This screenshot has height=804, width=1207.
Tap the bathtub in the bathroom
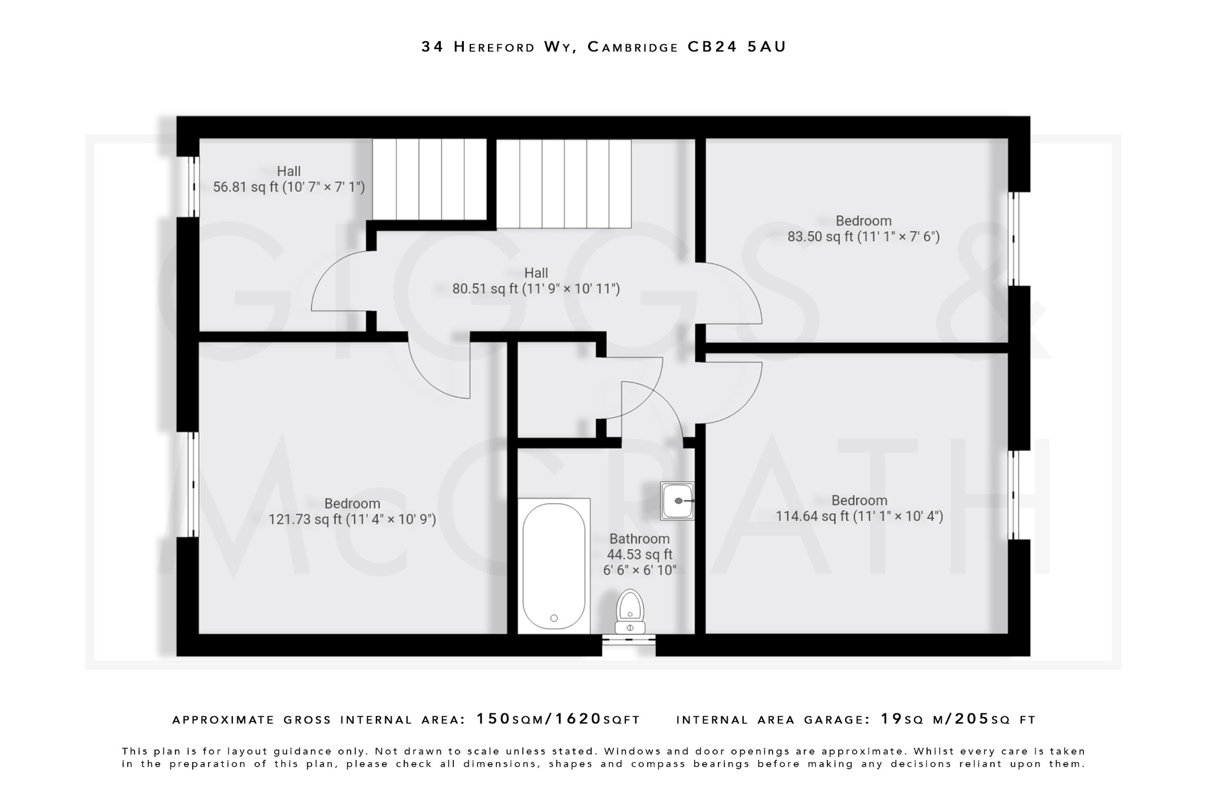(x=554, y=566)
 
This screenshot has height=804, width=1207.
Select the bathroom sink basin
(x=677, y=501)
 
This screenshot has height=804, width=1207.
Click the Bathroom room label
(x=639, y=539)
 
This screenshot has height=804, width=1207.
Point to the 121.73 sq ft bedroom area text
(x=352, y=520)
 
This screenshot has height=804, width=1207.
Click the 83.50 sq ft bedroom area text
(x=863, y=237)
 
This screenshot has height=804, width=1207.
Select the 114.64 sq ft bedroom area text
(x=859, y=517)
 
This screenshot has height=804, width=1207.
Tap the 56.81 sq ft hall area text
(x=289, y=187)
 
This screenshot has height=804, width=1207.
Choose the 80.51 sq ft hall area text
(x=536, y=289)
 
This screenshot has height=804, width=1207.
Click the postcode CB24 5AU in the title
(x=737, y=47)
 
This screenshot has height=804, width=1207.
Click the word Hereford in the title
(x=494, y=47)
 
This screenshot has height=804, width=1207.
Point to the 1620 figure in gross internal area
(x=578, y=719)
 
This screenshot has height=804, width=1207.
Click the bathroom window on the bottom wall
(x=629, y=645)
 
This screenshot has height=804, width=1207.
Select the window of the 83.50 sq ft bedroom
(x=1014, y=239)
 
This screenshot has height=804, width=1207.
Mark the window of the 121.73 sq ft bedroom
(x=193, y=484)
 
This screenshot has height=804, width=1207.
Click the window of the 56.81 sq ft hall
(x=193, y=187)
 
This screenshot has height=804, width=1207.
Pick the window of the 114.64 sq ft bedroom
(x=1014, y=495)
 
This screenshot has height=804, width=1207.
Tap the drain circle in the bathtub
(x=554, y=618)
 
